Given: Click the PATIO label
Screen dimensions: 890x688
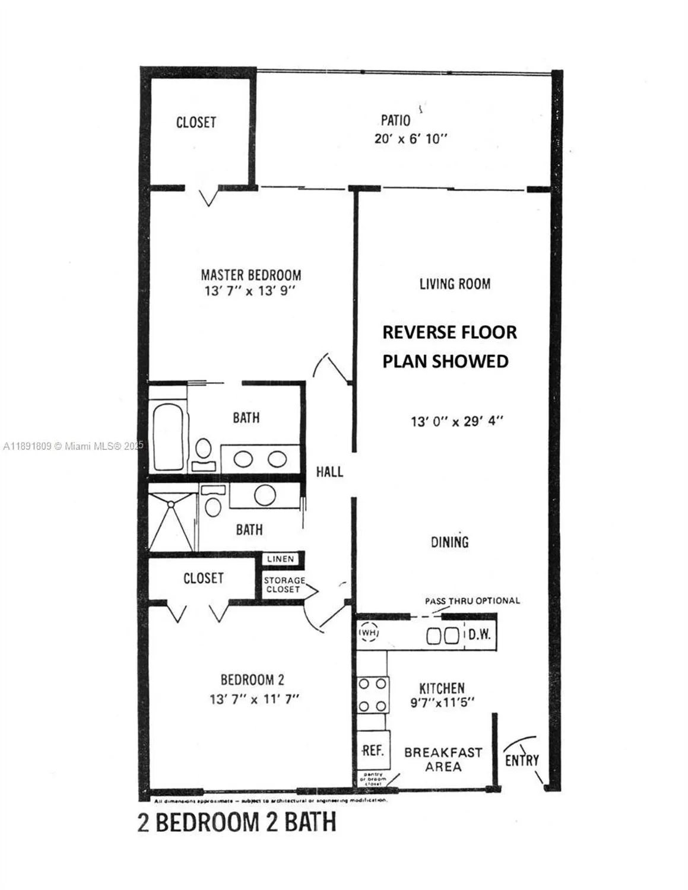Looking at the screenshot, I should pyautogui.click(x=395, y=120).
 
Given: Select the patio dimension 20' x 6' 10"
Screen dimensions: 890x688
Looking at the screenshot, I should pyautogui.click(x=410, y=139).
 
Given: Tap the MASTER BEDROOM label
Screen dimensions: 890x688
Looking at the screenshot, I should pyautogui.click(x=251, y=275).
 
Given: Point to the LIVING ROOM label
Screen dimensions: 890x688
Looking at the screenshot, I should pyautogui.click(x=455, y=284).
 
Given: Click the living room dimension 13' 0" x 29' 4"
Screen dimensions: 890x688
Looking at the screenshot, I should pyautogui.click(x=456, y=422).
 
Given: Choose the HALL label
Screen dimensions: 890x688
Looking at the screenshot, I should pyautogui.click(x=329, y=472).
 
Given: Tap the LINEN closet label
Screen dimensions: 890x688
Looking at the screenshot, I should pyautogui.click(x=280, y=560).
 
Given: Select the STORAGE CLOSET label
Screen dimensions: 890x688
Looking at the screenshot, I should pyautogui.click(x=284, y=585).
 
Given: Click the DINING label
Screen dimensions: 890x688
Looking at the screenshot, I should pyautogui.click(x=449, y=542).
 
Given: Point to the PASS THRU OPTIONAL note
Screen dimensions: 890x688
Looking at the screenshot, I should pyautogui.click(x=472, y=601).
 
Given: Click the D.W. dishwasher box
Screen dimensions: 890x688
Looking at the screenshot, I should pyautogui.click(x=479, y=634).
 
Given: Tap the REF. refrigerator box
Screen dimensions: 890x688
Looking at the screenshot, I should pyautogui.click(x=372, y=751).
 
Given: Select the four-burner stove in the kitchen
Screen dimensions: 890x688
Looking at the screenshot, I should pyautogui.click(x=372, y=695).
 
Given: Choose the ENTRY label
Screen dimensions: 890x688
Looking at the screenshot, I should pyautogui.click(x=522, y=760).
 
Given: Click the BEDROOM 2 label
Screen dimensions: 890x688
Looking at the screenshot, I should pyautogui.click(x=256, y=681).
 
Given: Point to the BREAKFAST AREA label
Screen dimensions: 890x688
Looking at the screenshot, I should pyautogui.click(x=443, y=759).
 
